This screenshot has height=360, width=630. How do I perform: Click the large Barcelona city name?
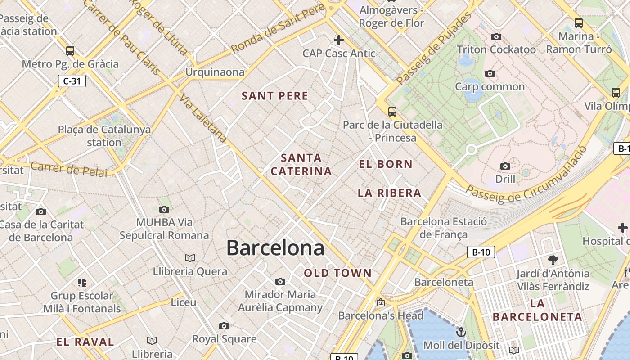(275, 248)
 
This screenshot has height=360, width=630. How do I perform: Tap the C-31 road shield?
(72, 81)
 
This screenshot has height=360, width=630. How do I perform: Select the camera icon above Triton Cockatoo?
(496, 36)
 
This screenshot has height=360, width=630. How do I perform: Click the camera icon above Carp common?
(490, 73)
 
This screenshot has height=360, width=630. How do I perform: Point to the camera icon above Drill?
(505, 166)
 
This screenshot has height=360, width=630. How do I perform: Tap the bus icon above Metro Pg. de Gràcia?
(70, 50)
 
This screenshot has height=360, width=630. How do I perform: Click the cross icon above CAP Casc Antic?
(338, 40)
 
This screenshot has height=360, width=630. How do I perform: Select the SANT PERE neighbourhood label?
(275, 96)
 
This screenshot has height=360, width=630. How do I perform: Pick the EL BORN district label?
(386, 164)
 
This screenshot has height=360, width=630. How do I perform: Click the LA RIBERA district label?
(389, 193)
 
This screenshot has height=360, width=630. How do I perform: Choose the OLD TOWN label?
(338, 273)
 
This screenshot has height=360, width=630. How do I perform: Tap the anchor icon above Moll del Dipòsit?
(461, 332)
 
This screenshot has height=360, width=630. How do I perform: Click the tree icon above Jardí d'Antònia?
(553, 260)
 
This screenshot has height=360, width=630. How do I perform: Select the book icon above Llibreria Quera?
(190, 258)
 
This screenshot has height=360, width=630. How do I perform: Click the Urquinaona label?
(215, 72)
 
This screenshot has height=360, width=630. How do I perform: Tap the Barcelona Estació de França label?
(443, 228)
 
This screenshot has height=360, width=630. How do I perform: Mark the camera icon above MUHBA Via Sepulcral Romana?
(164, 209)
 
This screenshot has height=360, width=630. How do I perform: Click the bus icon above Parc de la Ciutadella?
(392, 111)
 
